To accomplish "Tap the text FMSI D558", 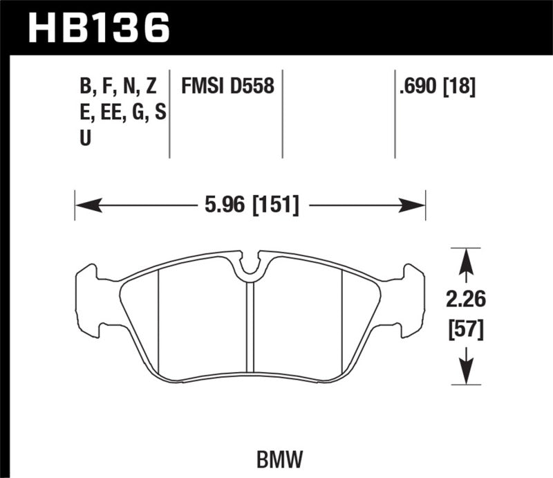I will point(227,86).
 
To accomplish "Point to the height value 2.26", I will point(467,302).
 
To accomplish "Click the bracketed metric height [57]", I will point(467,329).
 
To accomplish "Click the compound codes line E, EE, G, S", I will point(122,111).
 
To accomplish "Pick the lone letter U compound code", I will point(86,137).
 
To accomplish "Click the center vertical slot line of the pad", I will point(250,325).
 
